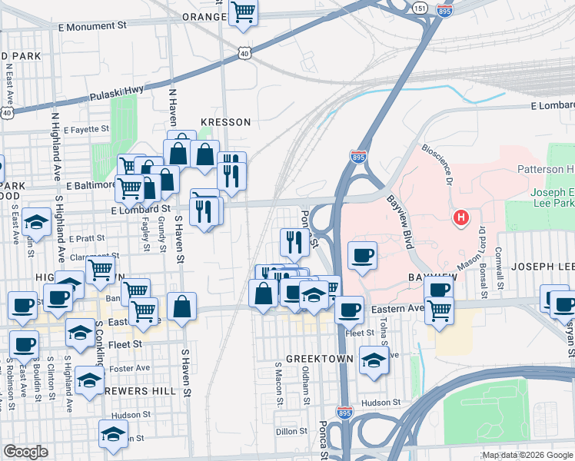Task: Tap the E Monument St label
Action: (x=92, y=25)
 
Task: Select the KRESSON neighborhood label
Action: (x=225, y=122)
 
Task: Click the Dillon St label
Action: (x=291, y=432)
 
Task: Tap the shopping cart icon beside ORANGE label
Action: (x=243, y=12)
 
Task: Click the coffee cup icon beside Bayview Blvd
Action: (x=362, y=255)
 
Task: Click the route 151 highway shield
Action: (x=419, y=7)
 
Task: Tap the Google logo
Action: (x=25, y=452)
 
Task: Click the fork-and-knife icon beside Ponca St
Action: (x=294, y=242)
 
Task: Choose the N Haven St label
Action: (x=173, y=107)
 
